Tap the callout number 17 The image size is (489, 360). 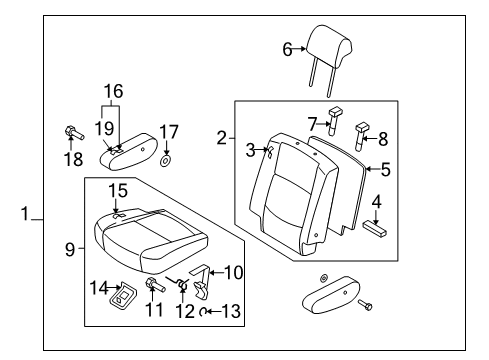(169, 132)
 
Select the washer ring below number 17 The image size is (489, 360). (165, 161)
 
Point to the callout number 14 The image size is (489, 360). (99, 288)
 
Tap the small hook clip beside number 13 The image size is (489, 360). (203, 312)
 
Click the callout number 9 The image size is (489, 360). (70, 249)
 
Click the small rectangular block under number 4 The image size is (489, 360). (375, 229)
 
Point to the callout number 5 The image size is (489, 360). (386, 169)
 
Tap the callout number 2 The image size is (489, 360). (222, 138)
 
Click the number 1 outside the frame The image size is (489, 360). (25, 213)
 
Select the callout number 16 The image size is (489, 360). (114, 91)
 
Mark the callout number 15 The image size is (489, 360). (118, 191)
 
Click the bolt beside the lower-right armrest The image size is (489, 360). (365, 305)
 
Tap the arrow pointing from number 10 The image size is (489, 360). (217, 273)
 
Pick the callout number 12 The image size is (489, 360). (185, 312)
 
